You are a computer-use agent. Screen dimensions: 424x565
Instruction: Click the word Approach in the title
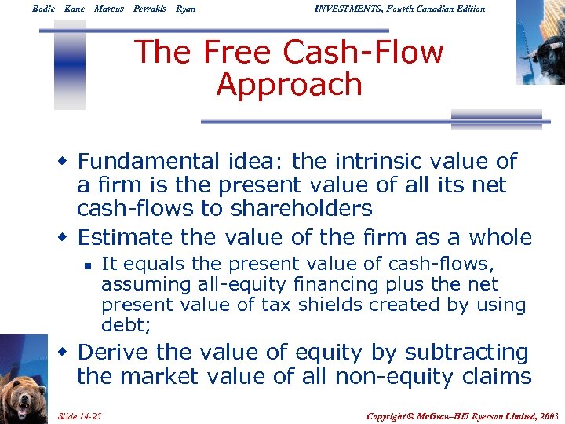(289, 85)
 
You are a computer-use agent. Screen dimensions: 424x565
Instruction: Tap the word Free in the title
(239, 53)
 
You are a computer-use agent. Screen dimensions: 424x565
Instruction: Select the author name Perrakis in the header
(149, 9)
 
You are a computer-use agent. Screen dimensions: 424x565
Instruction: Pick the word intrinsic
(382, 162)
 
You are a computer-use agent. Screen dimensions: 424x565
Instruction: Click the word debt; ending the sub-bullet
(125, 324)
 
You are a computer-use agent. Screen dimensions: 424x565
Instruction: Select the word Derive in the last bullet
(115, 353)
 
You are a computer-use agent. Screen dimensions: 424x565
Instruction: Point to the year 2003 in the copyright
(547, 414)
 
